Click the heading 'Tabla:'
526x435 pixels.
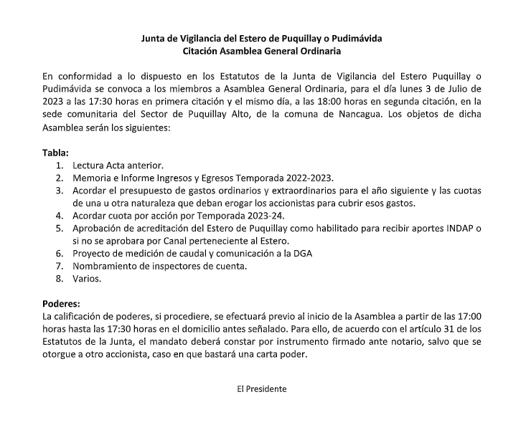coord(56,153)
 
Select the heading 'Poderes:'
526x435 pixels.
coord(62,302)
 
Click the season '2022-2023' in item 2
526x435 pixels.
coord(309,178)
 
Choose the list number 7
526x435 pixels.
coord(59,267)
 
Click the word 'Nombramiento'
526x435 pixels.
coord(108,267)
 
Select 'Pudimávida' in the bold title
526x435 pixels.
coord(360,37)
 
